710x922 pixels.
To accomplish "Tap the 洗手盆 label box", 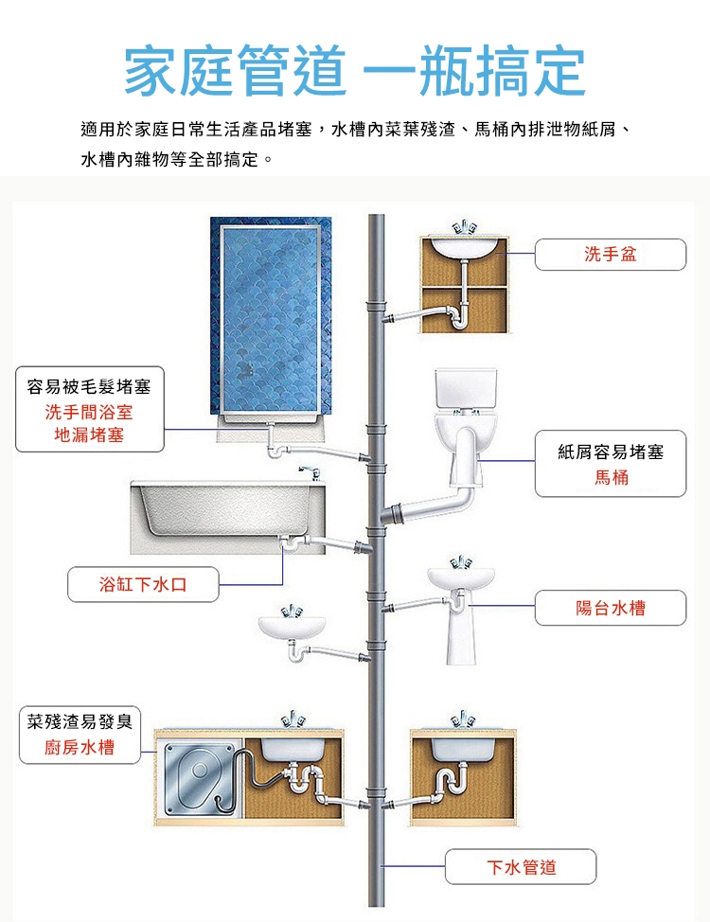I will coord(610,255).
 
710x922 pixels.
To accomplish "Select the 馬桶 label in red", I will coord(611,478).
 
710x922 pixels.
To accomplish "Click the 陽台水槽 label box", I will coord(610,608).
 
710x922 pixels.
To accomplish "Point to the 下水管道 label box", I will coord(521,867).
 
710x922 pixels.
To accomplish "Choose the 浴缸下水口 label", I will coord(143,584).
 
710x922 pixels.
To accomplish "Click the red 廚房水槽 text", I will coord(80,748).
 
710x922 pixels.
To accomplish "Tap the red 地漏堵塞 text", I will coord(90,434).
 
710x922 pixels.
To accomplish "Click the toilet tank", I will coord(463,389).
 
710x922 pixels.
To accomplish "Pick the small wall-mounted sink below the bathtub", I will coord(292,626).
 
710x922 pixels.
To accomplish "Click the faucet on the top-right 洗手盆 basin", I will coord(463,227).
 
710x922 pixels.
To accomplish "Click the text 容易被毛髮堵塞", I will coord(89,386).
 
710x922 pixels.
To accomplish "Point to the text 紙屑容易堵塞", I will coord(611,452).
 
